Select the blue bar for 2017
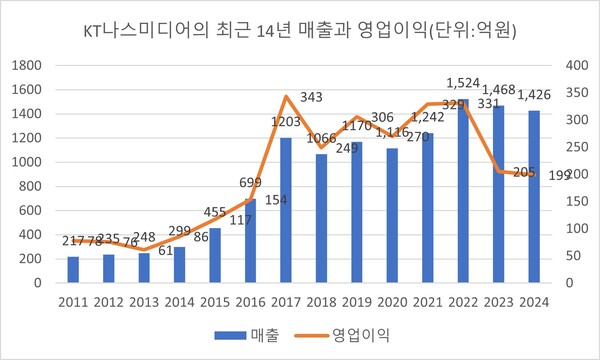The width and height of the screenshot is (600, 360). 287,210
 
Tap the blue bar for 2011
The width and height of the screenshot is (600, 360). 73,270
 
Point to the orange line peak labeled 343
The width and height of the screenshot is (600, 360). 287,97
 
